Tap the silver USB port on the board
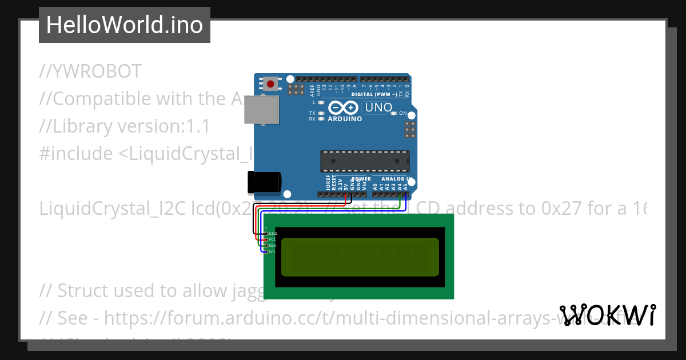[261, 109]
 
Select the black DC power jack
[264, 182]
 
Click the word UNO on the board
[378, 107]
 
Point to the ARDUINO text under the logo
[345, 119]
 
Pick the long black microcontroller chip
[365, 161]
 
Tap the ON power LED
[394, 113]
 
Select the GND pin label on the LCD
[273, 233]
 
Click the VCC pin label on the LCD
[273, 239]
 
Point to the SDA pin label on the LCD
[273, 245]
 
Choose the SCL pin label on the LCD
[273, 251]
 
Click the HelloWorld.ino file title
[125, 25]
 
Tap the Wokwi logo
[608, 315]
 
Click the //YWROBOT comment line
[90, 71]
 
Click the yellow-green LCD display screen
[360, 255]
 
